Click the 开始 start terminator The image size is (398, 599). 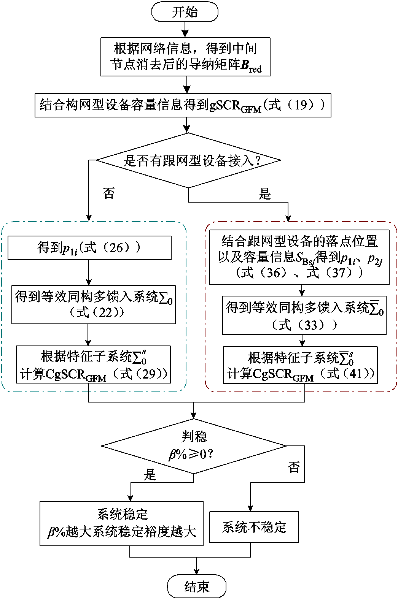(185, 12)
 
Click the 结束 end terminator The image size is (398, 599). (197, 586)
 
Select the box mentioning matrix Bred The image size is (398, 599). (186, 57)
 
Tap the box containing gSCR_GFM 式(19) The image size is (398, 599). (183, 105)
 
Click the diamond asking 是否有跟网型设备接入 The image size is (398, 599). (189, 160)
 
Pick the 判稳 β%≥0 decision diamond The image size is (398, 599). (194, 446)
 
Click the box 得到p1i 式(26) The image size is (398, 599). (89, 248)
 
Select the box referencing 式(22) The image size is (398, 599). (94, 304)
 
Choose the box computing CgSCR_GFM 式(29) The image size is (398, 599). (93, 364)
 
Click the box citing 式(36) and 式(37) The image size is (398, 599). (299, 257)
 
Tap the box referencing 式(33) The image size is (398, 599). (304, 315)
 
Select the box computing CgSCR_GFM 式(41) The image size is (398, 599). (300, 365)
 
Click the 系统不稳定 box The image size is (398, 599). (254, 527)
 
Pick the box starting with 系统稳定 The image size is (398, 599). (121, 524)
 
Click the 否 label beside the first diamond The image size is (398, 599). (109, 193)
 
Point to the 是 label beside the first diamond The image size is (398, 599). (264, 194)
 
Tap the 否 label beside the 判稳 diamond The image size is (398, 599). (294, 467)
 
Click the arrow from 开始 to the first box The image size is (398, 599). (185, 30)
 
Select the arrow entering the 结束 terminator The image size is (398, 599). (196, 566)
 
